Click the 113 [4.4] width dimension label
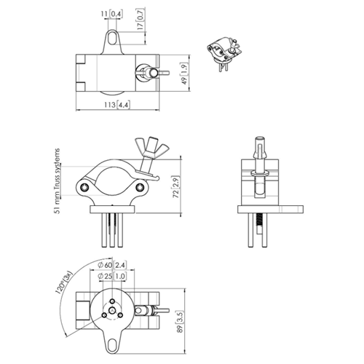coord(117,105)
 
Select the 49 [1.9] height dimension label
coord(184,74)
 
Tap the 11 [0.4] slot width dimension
coord(111,14)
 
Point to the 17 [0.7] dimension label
coord(141,19)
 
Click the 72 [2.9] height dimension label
coord(176,186)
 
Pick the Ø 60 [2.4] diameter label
coord(112,265)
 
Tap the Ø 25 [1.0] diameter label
coord(112,276)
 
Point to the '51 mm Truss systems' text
coord(58,181)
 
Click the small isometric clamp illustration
coord(224,54)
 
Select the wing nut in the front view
coord(151,146)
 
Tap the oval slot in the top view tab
coord(112,37)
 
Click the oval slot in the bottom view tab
coord(112,344)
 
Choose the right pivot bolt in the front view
coord(139,187)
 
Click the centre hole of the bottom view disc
coord(112,309)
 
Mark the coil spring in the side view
coord(260,220)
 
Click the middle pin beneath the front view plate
coord(112,230)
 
